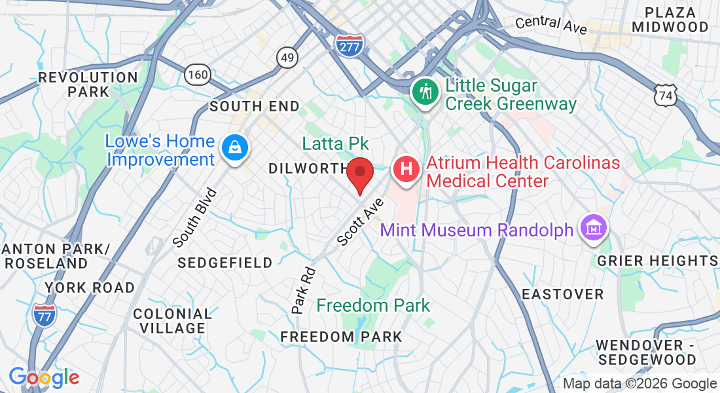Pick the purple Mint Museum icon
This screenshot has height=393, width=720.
pos(594,229)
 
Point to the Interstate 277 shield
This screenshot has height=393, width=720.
pos(348,45)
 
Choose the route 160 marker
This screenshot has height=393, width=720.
pos(197,74)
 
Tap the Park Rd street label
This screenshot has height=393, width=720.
pos(303,290)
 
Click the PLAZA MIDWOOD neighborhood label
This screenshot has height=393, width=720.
pos(676,20)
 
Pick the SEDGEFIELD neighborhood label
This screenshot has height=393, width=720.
pos(225,263)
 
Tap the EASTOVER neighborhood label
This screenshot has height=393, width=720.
pos(562,294)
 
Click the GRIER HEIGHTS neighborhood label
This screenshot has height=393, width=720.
pos(658,261)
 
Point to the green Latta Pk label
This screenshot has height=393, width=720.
pos(335,143)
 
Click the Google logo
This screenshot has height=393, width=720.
pos(43,377)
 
